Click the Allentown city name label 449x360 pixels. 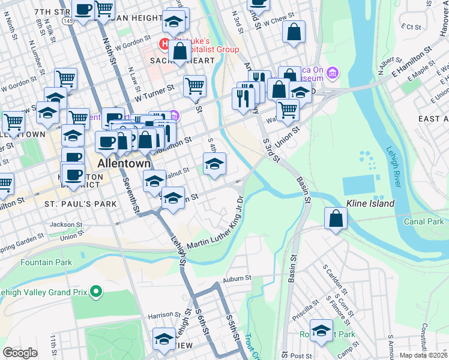click(124, 164)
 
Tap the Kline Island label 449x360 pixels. click(370, 203)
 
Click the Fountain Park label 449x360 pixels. click(46, 262)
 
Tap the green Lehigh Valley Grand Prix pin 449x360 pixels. click(96, 293)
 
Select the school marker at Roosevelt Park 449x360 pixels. click(321, 331)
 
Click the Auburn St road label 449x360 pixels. click(235, 280)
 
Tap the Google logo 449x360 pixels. click(20, 353)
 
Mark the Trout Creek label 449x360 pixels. click(253, 346)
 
